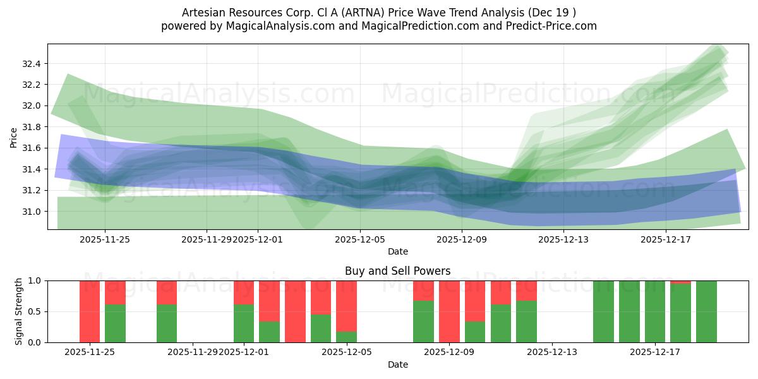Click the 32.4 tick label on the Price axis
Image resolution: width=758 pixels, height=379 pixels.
tap(32, 64)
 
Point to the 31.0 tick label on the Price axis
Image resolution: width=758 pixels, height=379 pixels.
tap(32, 212)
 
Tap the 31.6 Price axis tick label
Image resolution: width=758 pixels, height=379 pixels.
tap(32, 148)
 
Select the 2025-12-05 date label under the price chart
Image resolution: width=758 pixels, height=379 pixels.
tap(360, 239)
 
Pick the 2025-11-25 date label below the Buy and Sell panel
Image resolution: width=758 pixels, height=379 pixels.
tap(90, 352)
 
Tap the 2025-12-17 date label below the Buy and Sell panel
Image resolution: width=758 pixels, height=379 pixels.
tap(654, 352)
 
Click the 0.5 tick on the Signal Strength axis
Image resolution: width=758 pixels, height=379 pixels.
tap(36, 311)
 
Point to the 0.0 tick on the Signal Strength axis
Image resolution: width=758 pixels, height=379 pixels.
tap(36, 342)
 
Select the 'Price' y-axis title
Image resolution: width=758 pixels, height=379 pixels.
tap(14, 137)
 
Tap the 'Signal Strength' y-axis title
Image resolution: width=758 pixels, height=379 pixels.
tap(19, 311)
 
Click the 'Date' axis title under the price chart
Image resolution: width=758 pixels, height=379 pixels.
tap(397, 251)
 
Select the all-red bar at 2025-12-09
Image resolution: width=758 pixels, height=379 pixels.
tap(449, 311)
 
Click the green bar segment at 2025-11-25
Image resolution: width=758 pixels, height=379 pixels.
tap(115, 323)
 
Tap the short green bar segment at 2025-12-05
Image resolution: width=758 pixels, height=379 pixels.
tap(346, 337)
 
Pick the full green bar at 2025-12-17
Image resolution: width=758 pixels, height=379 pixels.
tap(655, 311)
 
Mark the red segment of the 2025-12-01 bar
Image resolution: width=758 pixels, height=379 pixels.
tap(244, 292)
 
